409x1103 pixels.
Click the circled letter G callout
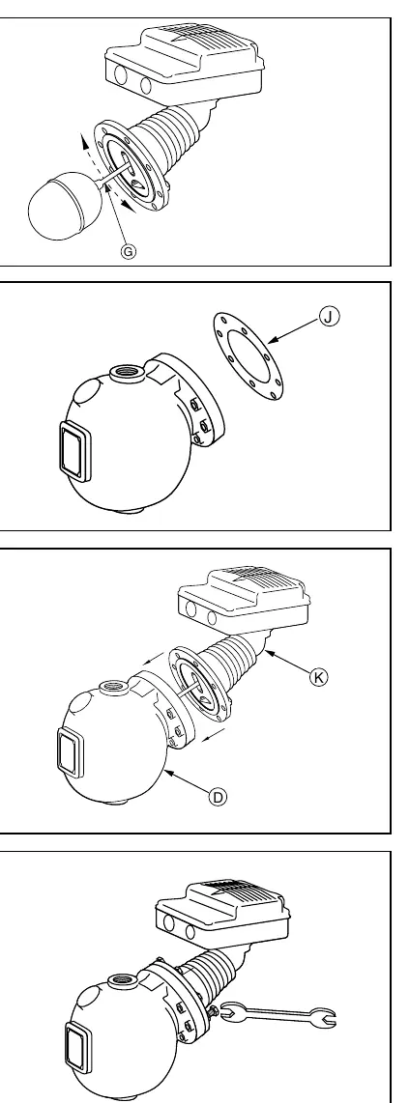[x=129, y=251]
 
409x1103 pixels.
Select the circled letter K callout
[x=319, y=677]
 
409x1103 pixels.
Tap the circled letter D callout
[x=219, y=797]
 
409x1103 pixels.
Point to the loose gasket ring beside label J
[x=249, y=356]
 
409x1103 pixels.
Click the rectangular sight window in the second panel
[x=73, y=452]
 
